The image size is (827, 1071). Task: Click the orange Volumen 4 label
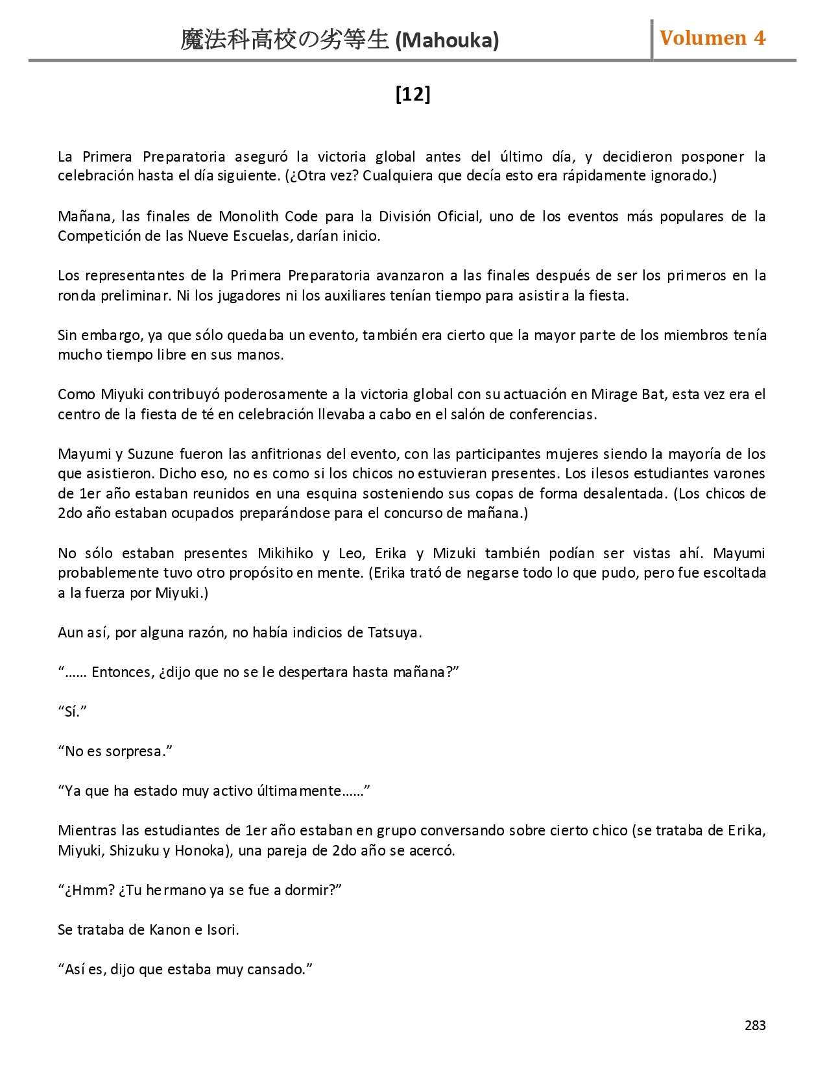[712, 38]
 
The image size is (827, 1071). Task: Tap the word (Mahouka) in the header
[447, 41]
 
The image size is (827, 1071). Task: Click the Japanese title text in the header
[285, 40]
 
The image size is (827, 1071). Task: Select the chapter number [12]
[413, 94]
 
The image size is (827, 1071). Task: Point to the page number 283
[755, 1026]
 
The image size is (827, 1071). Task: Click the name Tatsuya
[393, 632]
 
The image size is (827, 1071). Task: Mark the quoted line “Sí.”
[72, 711]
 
